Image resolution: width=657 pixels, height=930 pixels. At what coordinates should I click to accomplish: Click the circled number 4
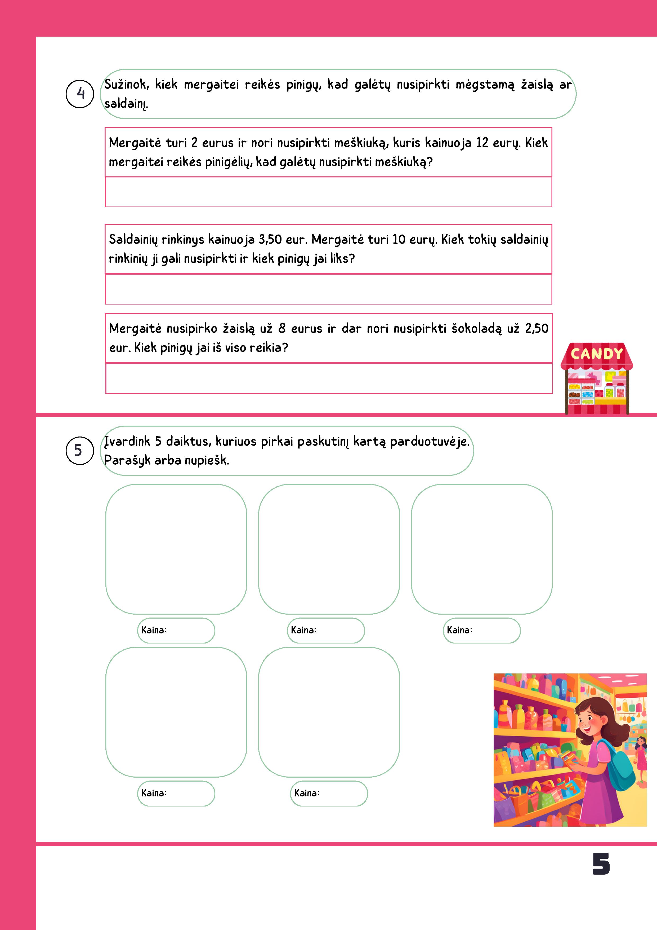point(80,94)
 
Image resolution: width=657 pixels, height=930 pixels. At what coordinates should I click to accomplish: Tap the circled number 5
point(79,450)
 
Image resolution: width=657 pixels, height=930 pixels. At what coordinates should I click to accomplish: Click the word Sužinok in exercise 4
point(127,85)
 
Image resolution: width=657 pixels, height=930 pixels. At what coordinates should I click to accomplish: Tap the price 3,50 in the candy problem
point(270,239)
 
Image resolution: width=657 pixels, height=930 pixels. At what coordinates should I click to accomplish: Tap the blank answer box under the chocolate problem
point(329,378)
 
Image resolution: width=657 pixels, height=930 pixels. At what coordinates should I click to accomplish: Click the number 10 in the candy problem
point(399,239)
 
